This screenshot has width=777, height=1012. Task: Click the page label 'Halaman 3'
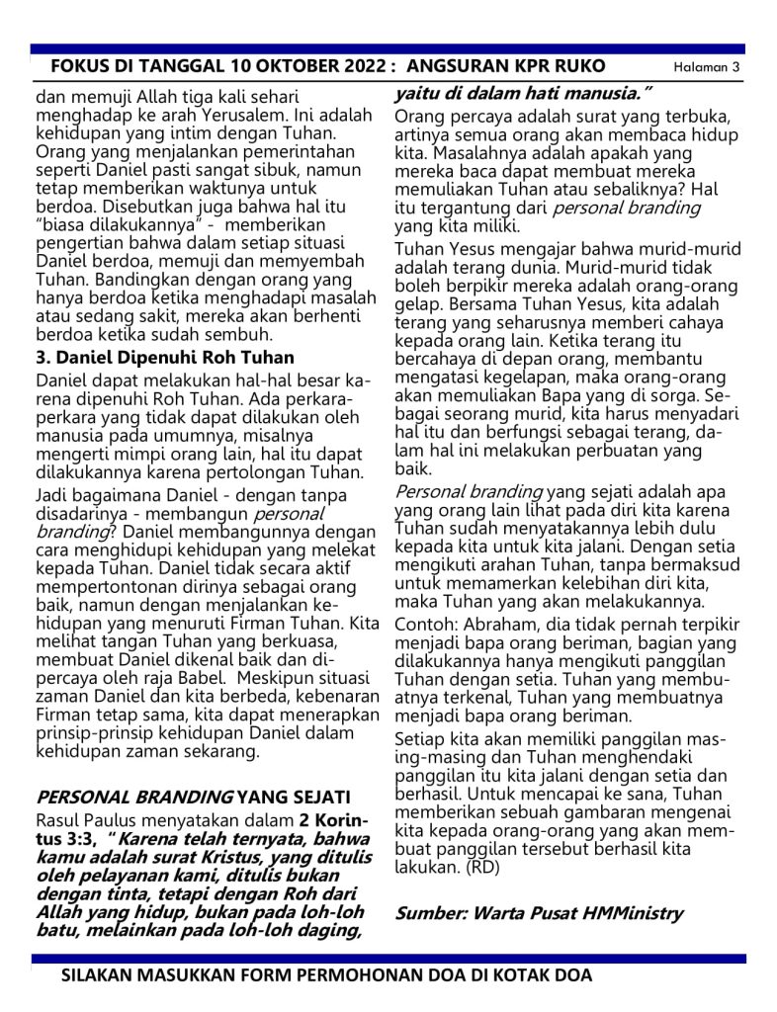[707, 67]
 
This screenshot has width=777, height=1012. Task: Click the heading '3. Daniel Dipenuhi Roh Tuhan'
[164, 358]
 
